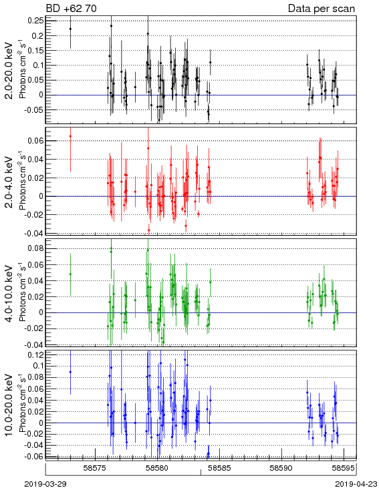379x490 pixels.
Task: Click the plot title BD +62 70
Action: pos(72,8)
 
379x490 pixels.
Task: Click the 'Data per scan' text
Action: pos(322,9)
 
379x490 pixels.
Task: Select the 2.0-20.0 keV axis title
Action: pos(9,71)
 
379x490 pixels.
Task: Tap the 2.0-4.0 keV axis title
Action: pos(9,182)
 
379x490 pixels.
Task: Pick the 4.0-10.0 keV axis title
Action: pos(9,294)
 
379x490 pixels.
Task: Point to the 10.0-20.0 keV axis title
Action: pos(9,405)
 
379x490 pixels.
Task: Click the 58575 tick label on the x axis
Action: pos(95,468)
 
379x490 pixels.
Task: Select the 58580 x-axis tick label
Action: pos(157,468)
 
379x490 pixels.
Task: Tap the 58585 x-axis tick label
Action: pos(219,468)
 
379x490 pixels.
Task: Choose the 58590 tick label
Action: pos(281,468)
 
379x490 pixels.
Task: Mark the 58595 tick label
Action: pos(344,468)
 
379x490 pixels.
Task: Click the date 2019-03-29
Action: pos(45,484)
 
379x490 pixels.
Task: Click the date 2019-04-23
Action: pos(356,484)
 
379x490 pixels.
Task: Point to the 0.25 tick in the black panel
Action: pos(35,21)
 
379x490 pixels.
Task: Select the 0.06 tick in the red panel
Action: pos(35,141)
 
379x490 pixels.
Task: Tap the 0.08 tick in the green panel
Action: pos(35,249)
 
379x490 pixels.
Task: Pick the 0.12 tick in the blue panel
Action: pos(35,354)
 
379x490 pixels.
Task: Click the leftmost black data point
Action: pos(70,29)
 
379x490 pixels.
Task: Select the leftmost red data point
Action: pos(70,136)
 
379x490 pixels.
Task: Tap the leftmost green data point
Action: pos(70,274)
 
